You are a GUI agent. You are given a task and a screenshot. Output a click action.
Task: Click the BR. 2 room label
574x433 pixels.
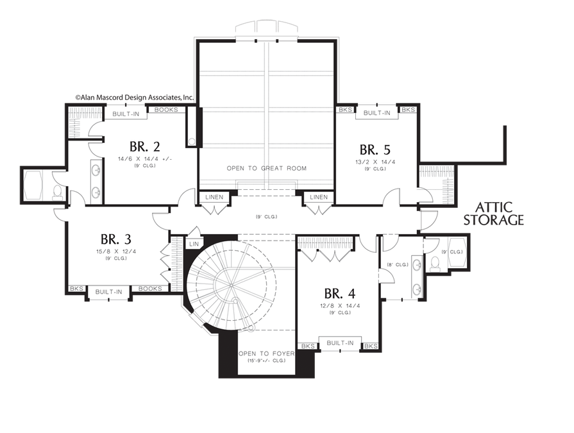click(x=144, y=147)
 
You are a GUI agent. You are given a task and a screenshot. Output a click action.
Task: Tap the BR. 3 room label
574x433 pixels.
click(x=115, y=239)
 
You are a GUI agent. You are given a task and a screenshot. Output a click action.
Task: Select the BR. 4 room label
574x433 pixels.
click(x=340, y=294)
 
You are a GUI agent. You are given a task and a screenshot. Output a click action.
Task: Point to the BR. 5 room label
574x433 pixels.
click(x=375, y=149)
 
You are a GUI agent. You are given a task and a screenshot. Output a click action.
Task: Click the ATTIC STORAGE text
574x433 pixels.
click(x=493, y=214)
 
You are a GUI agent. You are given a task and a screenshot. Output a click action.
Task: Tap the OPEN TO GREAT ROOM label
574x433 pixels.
click(x=267, y=168)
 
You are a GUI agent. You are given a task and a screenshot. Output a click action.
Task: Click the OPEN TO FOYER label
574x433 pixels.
click(x=267, y=353)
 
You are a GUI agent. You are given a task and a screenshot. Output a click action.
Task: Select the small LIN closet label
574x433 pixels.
click(x=194, y=244)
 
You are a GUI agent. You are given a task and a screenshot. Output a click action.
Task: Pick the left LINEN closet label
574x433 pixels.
click(x=214, y=197)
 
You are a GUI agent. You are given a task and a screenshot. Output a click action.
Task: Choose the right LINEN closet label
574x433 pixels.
click(x=319, y=197)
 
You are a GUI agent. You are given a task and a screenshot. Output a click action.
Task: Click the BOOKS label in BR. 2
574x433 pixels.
click(x=166, y=110)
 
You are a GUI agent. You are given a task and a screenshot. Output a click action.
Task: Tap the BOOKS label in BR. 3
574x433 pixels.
click(x=150, y=289)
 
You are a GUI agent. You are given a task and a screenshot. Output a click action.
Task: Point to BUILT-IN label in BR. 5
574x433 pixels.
click(x=376, y=113)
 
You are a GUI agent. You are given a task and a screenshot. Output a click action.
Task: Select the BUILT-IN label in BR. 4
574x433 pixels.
click(x=340, y=343)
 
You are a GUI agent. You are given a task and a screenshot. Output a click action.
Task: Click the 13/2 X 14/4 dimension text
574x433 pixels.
click(x=375, y=162)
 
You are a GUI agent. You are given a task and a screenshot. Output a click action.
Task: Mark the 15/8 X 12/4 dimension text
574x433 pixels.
click(x=116, y=251)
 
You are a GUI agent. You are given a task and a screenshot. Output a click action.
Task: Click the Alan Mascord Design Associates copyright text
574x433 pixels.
click(x=134, y=98)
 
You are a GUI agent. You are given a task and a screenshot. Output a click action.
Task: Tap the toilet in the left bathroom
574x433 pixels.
click(x=58, y=192)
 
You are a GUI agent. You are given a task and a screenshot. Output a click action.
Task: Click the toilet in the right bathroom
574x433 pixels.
click(x=435, y=264)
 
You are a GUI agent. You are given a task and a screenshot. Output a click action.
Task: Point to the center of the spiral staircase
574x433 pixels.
click(x=232, y=285)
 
